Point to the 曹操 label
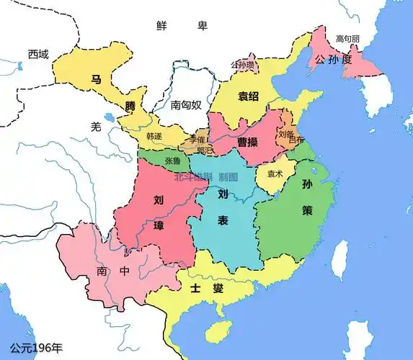pyautogui.click(x=248, y=142)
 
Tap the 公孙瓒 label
pyautogui.click(x=244, y=65)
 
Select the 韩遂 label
pyautogui.click(x=154, y=136)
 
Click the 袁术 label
pyautogui.click(x=275, y=174)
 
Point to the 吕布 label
pyautogui.click(x=296, y=140)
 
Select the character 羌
pyautogui.click(x=96, y=126)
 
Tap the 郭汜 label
pyautogui.click(x=204, y=150)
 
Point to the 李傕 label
pyautogui.click(x=197, y=139)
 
